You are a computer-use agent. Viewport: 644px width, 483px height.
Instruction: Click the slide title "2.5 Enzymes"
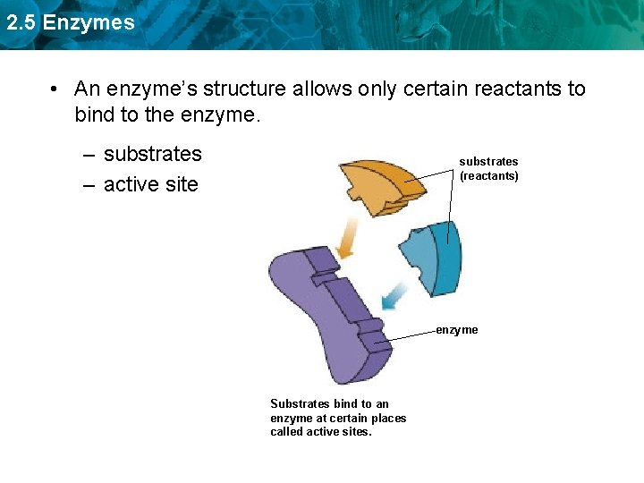point(70,22)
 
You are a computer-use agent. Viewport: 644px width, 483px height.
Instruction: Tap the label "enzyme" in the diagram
point(457,330)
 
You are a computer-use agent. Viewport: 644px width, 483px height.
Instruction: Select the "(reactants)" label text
point(489,176)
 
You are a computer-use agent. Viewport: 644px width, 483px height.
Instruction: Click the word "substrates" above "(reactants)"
point(488,162)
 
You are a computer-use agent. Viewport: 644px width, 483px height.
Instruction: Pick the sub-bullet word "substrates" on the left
point(153,154)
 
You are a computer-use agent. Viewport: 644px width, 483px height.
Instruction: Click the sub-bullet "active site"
point(151,185)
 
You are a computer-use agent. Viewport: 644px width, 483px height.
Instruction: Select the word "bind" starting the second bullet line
point(94,115)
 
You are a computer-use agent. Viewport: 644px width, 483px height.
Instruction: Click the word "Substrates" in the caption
point(299,404)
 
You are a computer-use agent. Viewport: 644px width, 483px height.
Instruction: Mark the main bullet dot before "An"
point(55,89)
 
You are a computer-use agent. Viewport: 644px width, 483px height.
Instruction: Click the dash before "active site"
point(90,185)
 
